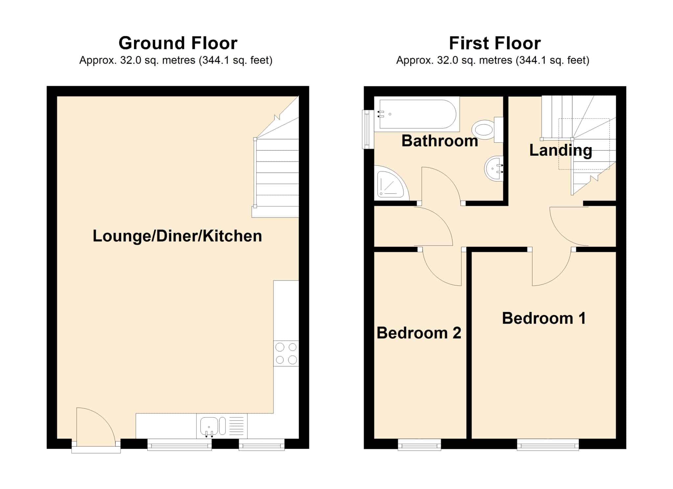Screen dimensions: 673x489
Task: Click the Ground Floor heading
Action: coord(178,43)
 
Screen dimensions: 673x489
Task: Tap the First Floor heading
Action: coord(495,43)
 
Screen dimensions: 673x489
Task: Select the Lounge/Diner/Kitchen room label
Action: coord(177,236)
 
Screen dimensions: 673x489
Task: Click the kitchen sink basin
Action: coord(209,427)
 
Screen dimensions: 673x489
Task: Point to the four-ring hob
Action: coord(286,353)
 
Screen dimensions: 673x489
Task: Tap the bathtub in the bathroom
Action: coord(417,114)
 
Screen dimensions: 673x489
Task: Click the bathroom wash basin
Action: coord(494,168)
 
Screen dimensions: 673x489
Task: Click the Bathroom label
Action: coord(440,141)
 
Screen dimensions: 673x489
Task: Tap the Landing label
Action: coord(561,150)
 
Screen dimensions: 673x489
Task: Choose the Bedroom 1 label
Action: coord(544,318)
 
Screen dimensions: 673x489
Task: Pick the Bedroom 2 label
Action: coord(419,333)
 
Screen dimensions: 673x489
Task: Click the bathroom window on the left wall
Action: coord(367,129)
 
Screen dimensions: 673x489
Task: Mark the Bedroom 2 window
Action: coord(420,445)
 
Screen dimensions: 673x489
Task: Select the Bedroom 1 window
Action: coord(548,445)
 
